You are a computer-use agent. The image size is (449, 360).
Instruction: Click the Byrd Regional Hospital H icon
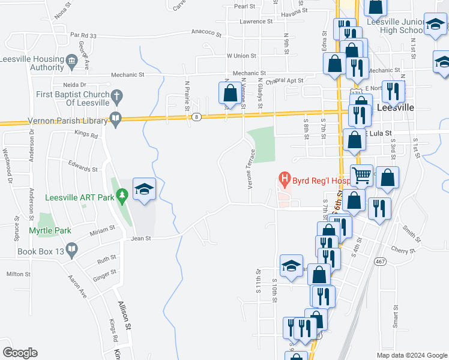coord(285,179)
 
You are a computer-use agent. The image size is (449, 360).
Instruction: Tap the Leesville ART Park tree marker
coord(122,195)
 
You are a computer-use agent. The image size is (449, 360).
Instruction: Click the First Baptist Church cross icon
coord(117,95)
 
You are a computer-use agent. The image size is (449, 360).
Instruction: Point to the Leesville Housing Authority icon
coord(72,60)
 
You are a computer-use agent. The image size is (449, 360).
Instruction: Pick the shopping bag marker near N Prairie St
coord(230,94)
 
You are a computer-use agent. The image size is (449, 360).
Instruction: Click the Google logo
coord(20,353)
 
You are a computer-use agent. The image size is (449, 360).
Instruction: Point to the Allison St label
coord(125,316)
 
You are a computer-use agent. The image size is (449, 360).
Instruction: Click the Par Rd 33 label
coord(83,35)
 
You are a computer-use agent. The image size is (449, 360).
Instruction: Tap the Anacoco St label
coord(207,32)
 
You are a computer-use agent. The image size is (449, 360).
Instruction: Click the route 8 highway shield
coord(197,117)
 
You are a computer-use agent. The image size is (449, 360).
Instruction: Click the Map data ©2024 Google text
coord(411,355)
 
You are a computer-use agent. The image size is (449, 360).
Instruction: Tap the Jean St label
coord(141,238)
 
